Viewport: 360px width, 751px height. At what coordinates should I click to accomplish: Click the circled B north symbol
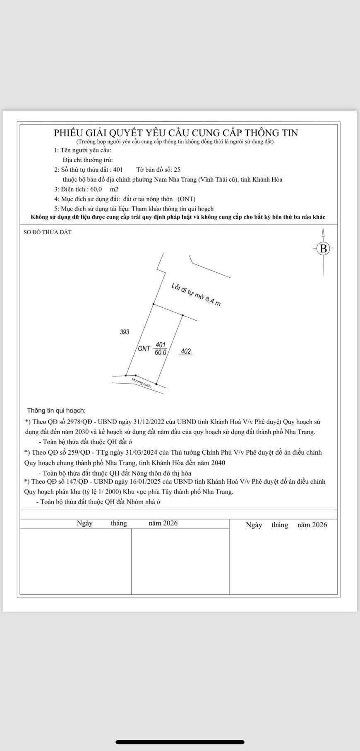pyautogui.click(x=324, y=249)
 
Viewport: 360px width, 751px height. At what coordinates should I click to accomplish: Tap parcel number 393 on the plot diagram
pyautogui.click(x=125, y=332)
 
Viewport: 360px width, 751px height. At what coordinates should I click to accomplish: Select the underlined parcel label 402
pyautogui.click(x=186, y=351)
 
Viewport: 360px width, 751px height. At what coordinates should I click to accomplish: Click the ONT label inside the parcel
pyautogui.click(x=144, y=349)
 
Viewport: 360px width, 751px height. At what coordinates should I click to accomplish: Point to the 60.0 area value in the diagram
pyautogui.click(x=161, y=353)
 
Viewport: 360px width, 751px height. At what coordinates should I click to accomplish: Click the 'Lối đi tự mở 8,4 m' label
pyautogui.click(x=196, y=295)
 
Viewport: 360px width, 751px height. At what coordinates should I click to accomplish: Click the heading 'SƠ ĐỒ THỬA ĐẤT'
pyautogui.click(x=48, y=232)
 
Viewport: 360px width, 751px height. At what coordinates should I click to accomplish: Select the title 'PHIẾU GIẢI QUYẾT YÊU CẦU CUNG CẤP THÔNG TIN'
pyautogui.click(x=176, y=133)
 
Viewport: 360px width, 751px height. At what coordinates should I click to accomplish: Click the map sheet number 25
pyautogui.click(x=177, y=170)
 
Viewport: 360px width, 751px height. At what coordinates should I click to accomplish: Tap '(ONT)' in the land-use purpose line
pyautogui.click(x=187, y=199)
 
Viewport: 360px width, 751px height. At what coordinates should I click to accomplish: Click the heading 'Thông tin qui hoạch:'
pyautogui.click(x=56, y=410)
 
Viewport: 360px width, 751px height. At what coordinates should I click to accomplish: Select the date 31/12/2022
pyautogui.click(x=149, y=422)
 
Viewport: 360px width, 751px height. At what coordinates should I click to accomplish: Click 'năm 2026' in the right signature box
pyautogui.click(x=312, y=525)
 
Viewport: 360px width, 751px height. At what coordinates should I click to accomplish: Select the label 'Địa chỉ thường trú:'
pyautogui.click(x=88, y=160)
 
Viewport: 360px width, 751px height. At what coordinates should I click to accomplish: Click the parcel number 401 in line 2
pyautogui.click(x=118, y=170)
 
